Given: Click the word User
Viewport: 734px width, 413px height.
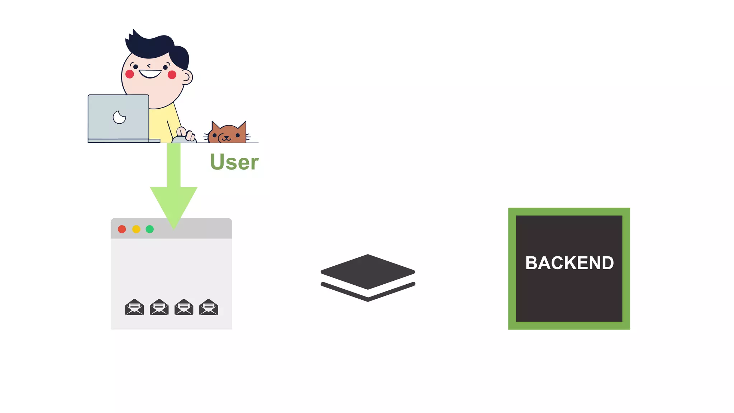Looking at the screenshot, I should tap(234, 162).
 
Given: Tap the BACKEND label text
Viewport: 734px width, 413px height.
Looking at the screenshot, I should tap(569, 263).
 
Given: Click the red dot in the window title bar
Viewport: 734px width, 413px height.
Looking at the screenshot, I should tap(122, 229).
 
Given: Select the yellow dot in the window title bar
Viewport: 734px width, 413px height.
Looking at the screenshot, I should tap(136, 229).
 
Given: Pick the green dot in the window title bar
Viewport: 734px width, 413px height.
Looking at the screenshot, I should tap(150, 229).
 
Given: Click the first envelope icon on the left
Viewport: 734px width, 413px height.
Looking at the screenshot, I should tap(134, 307).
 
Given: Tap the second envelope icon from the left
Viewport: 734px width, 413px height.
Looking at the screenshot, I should tap(159, 307).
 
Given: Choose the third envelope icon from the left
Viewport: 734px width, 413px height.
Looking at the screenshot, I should tap(184, 307).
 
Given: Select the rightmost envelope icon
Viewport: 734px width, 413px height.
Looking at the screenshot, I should tap(209, 307).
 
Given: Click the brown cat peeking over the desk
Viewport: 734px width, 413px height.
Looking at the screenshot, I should tap(228, 134).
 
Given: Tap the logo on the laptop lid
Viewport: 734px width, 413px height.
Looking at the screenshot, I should tap(119, 117).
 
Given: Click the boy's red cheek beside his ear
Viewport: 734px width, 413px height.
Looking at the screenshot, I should tap(172, 75).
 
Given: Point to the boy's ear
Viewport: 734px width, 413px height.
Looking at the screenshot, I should tap(187, 77).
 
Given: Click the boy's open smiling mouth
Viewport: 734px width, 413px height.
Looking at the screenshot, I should tap(150, 74).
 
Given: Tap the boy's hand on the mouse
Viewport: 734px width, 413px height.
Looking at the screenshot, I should tap(186, 134).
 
